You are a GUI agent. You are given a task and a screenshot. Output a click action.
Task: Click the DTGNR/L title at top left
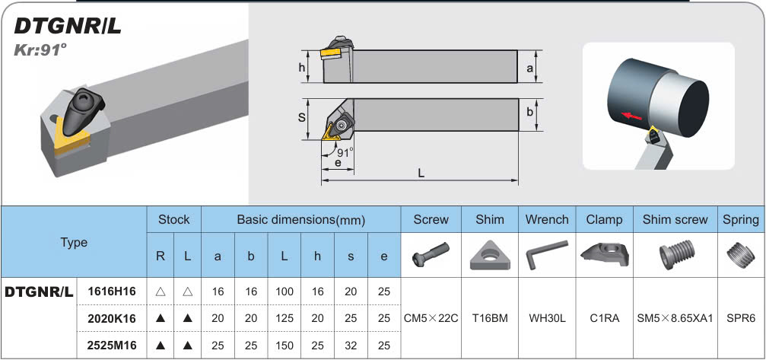pos(68,27)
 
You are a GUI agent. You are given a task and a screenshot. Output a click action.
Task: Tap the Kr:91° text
pos(41,50)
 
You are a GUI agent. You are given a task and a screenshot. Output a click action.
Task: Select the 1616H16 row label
pos(112,291)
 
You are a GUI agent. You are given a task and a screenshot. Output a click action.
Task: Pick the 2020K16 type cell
pos(112,318)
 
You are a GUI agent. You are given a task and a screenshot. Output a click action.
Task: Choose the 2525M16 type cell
pos(112,346)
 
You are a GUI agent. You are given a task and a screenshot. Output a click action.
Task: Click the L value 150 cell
pos(284,346)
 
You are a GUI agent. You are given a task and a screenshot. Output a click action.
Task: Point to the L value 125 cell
pos(284,318)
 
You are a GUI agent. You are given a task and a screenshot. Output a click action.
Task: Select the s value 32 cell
pos(351,346)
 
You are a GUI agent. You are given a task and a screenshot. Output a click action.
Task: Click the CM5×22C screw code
pos(431,318)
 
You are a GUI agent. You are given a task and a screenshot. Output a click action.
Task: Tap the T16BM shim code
pos(490,318)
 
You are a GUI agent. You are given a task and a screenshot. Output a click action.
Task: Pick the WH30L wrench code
pos(547,318)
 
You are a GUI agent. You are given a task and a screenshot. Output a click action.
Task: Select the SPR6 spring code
pos(741,318)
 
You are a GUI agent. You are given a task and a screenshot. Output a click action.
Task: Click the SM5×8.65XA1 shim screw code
pos(675,318)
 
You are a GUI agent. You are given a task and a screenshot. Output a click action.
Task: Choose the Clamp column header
pos(604,219)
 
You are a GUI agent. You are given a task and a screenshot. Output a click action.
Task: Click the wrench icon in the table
pos(547,253)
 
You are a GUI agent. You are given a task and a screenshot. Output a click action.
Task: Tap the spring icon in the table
pos(741,253)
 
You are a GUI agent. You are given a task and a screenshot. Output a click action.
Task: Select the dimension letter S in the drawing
pos(302,118)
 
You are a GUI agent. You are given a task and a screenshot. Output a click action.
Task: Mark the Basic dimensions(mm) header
pos(301,219)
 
